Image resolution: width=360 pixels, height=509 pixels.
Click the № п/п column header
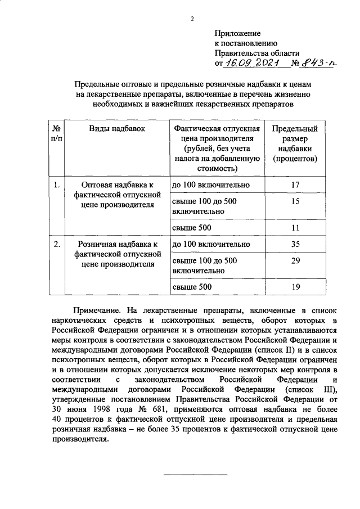click(x=56, y=133)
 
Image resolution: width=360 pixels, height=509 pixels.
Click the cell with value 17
click(x=295, y=184)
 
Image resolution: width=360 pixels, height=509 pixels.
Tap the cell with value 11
click(x=295, y=228)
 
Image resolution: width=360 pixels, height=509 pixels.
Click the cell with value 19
click(x=295, y=287)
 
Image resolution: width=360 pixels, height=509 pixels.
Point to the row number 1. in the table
click(x=56, y=184)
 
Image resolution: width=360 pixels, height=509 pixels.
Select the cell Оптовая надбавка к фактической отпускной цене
click(x=117, y=195)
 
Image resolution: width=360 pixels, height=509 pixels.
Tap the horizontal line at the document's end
click(x=195, y=476)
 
